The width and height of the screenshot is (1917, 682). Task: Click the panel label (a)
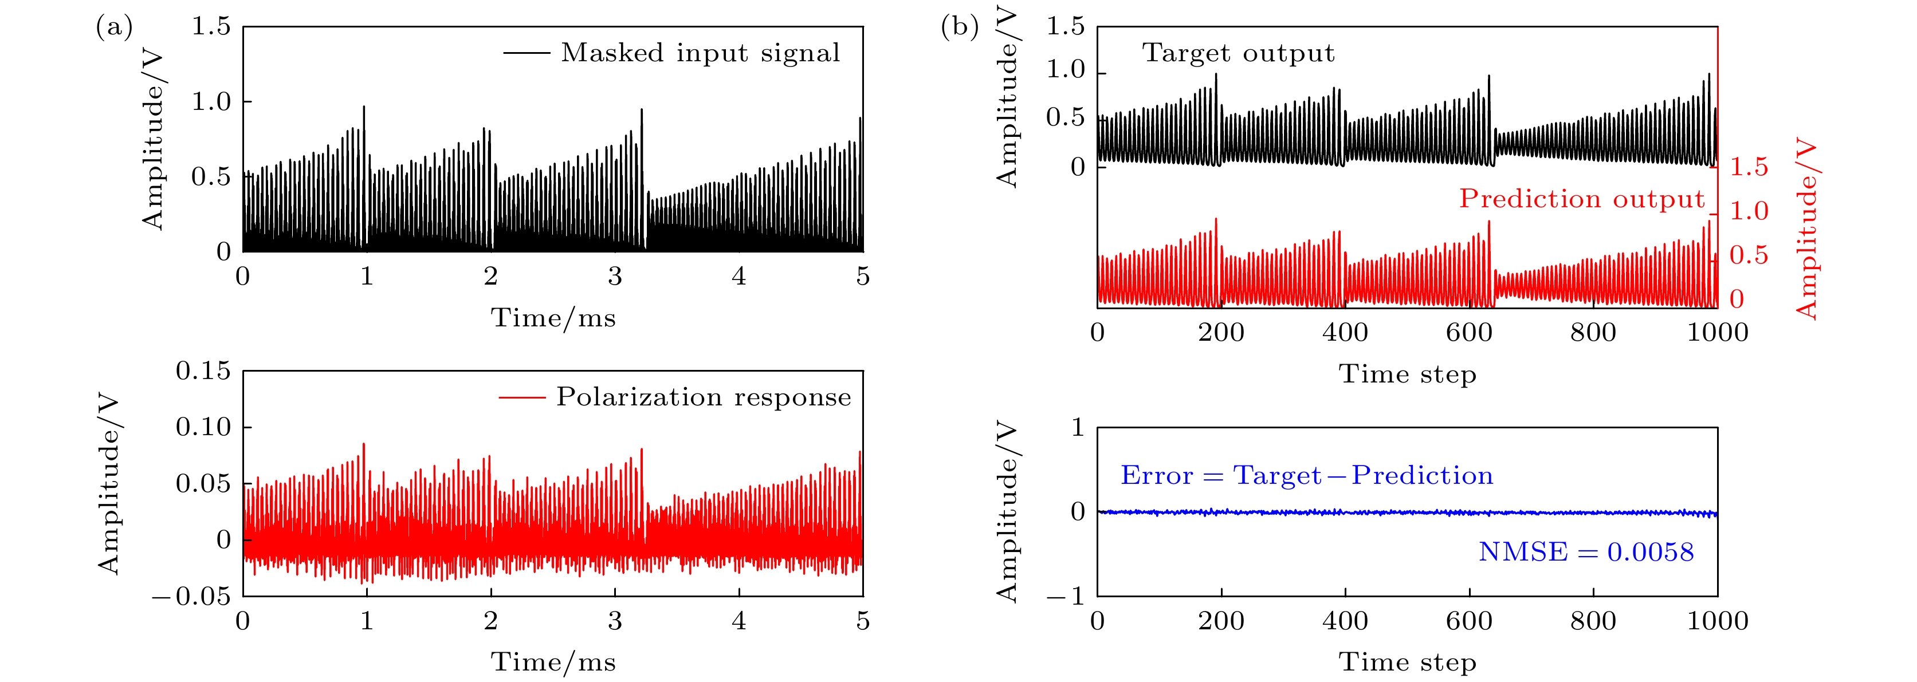point(114,27)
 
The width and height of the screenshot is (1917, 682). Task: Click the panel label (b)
point(959,27)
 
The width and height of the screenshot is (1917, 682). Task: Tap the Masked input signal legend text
point(700,53)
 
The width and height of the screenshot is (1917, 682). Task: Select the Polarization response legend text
point(703,397)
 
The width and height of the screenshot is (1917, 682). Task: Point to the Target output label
point(1238,53)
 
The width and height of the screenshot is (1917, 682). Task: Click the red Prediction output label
point(1581,199)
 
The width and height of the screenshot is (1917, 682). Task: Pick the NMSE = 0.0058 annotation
point(1586,552)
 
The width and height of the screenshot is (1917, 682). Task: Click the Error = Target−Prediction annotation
point(1307,475)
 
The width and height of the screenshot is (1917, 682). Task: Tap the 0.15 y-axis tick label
point(203,370)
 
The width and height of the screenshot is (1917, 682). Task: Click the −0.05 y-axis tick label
point(192,597)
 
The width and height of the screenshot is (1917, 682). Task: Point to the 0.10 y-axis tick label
point(203,427)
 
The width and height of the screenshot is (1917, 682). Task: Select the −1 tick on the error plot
point(1067,597)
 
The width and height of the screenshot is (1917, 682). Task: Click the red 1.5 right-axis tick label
point(1749,167)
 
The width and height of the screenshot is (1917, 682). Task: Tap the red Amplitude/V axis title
point(1807,229)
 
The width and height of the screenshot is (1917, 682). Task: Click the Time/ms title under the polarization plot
point(553,662)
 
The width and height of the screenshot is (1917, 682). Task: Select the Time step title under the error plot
point(1407,662)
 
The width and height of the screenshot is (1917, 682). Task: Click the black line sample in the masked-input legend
point(526,53)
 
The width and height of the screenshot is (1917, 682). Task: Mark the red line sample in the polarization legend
point(523,398)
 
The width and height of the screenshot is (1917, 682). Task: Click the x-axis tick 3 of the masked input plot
point(615,277)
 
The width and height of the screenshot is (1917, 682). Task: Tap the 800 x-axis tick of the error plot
point(1593,621)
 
